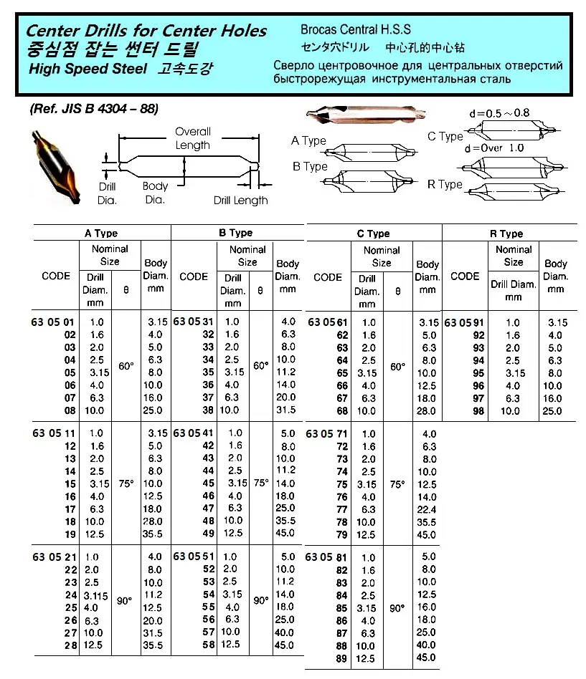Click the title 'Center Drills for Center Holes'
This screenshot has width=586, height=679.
(146, 31)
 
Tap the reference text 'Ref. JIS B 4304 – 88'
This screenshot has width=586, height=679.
(93, 109)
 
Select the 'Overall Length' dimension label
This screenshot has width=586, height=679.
(193, 138)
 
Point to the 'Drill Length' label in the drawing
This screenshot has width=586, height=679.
(240, 201)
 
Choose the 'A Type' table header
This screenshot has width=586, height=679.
(101, 233)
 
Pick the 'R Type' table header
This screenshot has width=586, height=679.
(511, 233)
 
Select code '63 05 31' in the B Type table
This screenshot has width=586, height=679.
(194, 322)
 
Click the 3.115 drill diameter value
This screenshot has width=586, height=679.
(95, 594)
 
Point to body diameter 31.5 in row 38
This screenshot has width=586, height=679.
(288, 410)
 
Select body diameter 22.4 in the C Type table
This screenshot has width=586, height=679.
(427, 509)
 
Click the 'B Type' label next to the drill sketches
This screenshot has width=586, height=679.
(310, 166)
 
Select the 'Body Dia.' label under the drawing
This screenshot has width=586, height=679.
(155, 193)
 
